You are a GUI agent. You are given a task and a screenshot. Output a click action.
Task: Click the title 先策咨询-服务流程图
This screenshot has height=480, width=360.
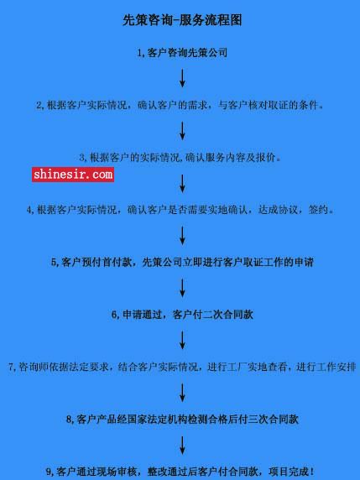[182, 20]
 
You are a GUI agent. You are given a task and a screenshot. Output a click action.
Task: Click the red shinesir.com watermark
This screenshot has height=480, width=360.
[73, 175]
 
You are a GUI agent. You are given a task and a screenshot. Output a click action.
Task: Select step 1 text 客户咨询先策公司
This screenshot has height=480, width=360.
[187, 53]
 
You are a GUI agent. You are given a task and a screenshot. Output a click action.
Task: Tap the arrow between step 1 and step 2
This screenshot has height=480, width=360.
[182, 78]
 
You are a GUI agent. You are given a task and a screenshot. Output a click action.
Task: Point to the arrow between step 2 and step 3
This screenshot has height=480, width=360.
[182, 131]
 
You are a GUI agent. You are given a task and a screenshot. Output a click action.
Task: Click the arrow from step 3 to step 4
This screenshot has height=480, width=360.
[182, 184]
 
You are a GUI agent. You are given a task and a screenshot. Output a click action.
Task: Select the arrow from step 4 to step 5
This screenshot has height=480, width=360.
[182, 236]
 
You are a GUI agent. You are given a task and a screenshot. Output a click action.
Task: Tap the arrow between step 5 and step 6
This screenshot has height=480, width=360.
[182, 288]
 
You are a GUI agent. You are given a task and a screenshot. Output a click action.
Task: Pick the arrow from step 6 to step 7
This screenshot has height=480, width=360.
[182, 340]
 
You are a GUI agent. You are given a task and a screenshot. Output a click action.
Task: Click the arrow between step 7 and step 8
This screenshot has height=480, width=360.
[182, 393]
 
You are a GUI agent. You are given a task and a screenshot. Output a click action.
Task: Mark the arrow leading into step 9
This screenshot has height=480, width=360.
[182, 446]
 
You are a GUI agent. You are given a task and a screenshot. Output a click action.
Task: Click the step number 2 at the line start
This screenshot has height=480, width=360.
[39, 106]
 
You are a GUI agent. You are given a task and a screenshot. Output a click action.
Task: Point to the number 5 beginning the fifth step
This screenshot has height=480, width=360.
[54, 263]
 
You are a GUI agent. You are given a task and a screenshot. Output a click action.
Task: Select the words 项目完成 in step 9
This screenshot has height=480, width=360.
[289, 472]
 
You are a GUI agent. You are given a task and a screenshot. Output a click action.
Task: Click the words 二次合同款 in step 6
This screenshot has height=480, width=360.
[228, 315]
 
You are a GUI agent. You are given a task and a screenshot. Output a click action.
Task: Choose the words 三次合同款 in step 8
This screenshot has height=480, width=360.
[273, 419]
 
